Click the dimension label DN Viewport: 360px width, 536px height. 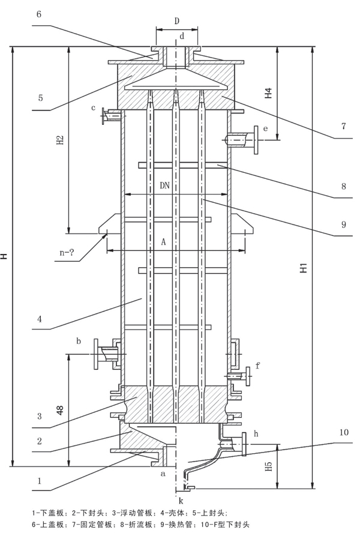tap(165, 185)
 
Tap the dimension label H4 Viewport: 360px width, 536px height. tap(269, 93)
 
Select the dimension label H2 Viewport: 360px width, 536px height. tap(60, 139)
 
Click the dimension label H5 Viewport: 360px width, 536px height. tap(269, 466)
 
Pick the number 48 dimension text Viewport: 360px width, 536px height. tap(60, 410)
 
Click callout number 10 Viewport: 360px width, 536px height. tap(344, 432)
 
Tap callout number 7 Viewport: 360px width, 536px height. tap(344, 126)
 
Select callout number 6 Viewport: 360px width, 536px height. tap(38, 14)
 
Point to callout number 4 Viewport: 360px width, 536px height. tap(40, 319)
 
